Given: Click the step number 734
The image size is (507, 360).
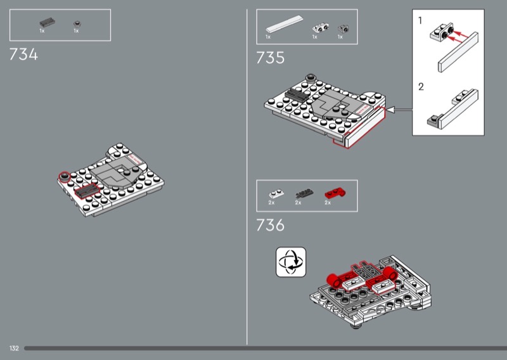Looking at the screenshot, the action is click(x=23, y=54).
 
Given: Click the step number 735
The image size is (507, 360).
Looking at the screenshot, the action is click(x=271, y=58).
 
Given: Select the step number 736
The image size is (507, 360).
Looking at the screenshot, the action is click(x=271, y=225).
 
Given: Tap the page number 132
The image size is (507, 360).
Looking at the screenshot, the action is click(x=14, y=348).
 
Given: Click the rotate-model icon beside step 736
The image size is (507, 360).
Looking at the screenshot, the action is click(x=291, y=262).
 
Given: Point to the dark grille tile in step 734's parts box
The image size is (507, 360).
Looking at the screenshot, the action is click(x=47, y=23).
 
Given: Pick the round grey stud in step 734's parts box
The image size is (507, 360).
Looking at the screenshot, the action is click(x=77, y=23).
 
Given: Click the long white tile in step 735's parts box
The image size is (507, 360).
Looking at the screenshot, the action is click(x=284, y=24).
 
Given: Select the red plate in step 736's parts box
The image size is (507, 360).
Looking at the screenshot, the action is click(x=335, y=193).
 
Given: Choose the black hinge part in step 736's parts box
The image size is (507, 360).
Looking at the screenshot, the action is click(x=304, y=193).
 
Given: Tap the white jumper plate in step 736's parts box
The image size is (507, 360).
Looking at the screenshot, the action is click(x=276, y=194).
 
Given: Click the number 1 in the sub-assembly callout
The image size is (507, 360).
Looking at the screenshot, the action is click(x=420, y=21).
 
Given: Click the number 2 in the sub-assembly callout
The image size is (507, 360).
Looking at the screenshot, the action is click(x=421, y=87).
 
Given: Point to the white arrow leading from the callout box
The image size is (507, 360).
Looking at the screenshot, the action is click(x=399, y=110).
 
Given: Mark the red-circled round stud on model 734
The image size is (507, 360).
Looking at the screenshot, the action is click(x=65, y=177).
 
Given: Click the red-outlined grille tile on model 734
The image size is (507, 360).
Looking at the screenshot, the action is click(x=86, y=190).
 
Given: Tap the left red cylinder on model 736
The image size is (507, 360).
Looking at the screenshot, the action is click(x=335, y=280).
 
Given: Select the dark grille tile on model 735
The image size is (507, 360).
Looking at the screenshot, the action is click(x=297, y=94).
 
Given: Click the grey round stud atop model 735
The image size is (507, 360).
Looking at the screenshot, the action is click(x=311, y=77).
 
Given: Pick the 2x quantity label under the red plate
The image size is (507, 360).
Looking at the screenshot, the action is click(x=328, y=203).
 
